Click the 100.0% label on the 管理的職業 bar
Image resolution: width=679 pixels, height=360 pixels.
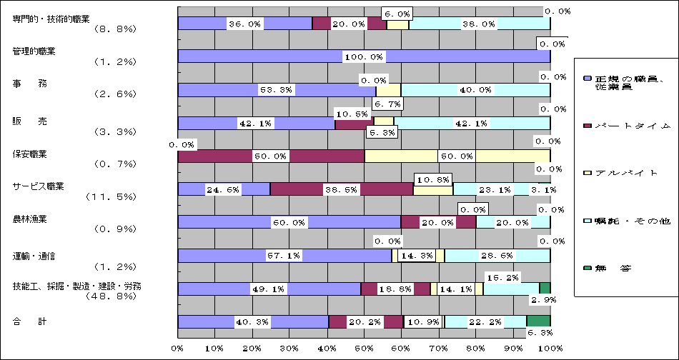(x=365, y=56)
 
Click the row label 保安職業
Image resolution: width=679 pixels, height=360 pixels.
(x=29, y=154)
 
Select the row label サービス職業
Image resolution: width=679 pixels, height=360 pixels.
(x=39, y=186)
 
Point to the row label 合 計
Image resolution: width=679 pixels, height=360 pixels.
(x=29, y=322)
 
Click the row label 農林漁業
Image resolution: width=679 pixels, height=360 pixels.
(x=29, y=219)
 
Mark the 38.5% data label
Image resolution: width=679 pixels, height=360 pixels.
(x=341, y=189)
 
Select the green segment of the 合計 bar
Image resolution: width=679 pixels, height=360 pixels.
(x=538, y=321)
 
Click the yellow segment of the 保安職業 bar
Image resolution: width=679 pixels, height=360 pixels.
(x=457, y=156)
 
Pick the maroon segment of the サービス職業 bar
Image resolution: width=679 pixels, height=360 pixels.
(x=342, y=189)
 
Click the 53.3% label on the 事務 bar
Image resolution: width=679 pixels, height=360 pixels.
(x=275, y=90)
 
